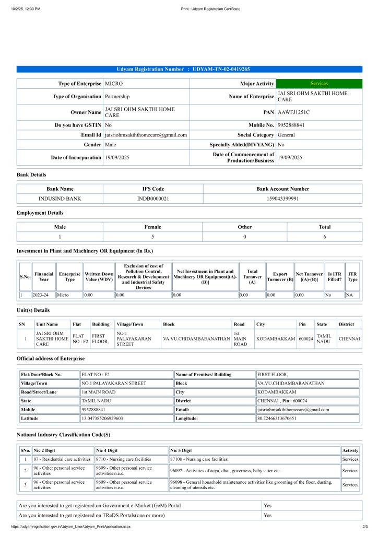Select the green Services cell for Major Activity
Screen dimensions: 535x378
pyautogui.click(x=318, y=84)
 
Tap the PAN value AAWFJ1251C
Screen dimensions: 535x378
pyautogui.click(x=293, y=112)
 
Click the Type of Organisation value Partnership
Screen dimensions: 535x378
pyautogui.click(x=117, y=97)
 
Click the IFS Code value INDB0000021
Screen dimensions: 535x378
pyautogui.click(x=153, y=199)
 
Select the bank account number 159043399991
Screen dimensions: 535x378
pyautogui.click(x=282, y=199)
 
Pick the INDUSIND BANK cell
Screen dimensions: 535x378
pyautogui.click(x=60, y=199)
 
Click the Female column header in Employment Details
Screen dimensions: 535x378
pyautogui.click(x=152, y=227)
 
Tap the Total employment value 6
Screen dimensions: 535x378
pyautogui.click(x=324, y=237)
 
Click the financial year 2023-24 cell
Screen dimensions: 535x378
pyautogui.click(x=44, y=295)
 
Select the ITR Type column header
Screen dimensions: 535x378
pyautogui.click(x=352, y=277)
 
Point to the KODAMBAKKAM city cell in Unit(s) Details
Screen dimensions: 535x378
pyautogui.click(x=275, y=339)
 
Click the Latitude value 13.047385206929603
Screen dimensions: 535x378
pyautogui.click(x=102, y=418)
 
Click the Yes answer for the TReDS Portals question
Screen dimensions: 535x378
pyautogui.click(x=268, y=516)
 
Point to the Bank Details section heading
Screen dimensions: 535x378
pyautogui.click(x=31, y=175)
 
